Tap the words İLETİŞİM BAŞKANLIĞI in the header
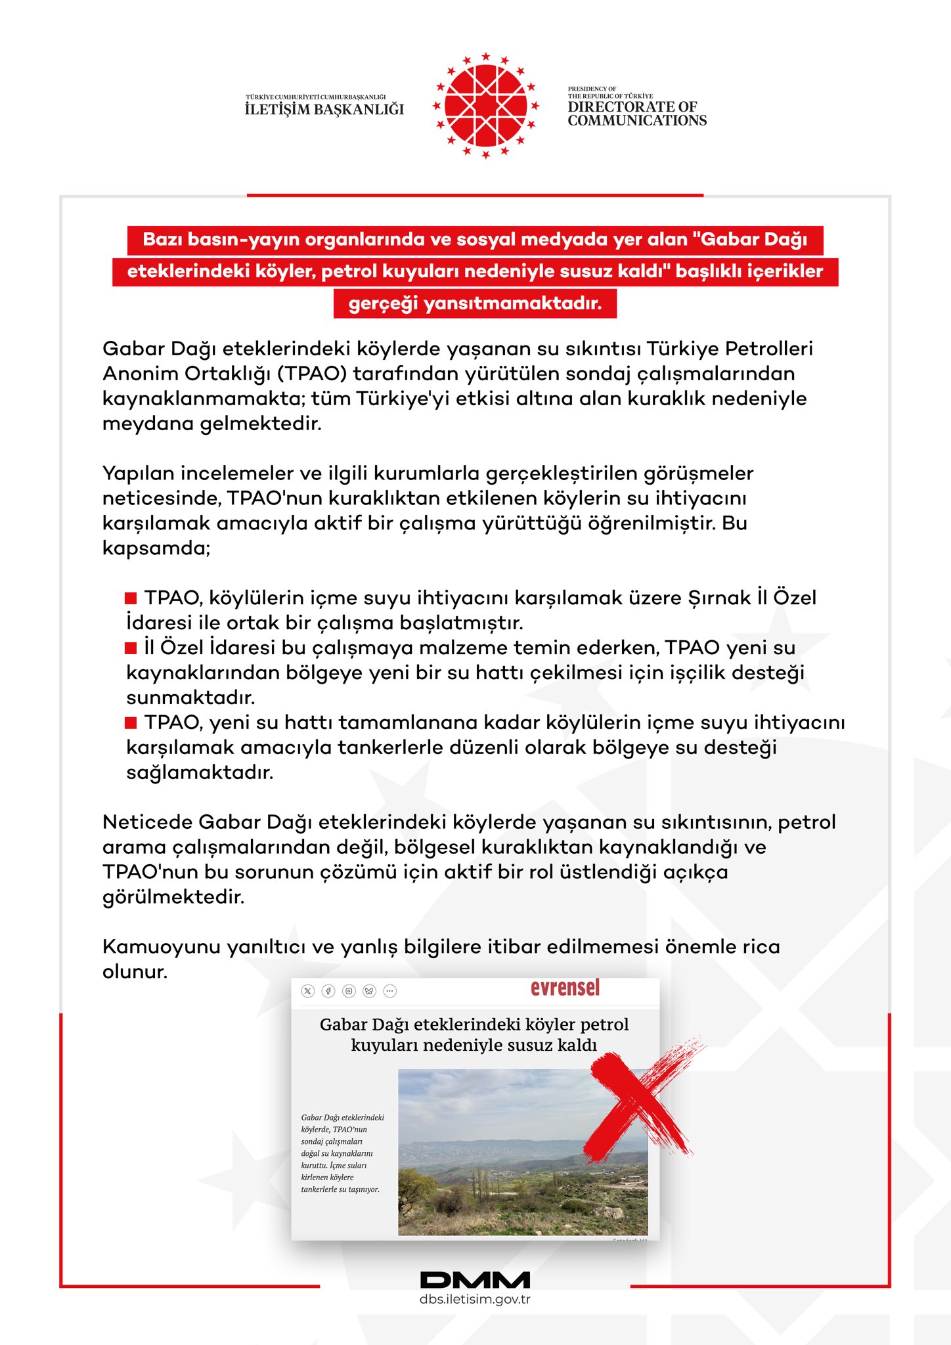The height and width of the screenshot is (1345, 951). (324, 109)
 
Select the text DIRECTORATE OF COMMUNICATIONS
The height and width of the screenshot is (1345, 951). (637, 114)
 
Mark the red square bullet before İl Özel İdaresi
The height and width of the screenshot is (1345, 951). (131, 648)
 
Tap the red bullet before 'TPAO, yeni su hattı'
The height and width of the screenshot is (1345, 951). (131, 723)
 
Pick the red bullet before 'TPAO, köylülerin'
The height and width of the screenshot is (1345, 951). (131, 598)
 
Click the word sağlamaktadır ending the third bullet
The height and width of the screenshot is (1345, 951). (200, 772)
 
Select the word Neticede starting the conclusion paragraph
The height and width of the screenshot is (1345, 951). (147, 822)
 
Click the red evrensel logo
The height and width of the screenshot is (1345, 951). (565, 988)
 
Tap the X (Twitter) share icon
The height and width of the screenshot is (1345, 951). (308, 991)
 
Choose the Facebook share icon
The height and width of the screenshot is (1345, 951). (328, 991)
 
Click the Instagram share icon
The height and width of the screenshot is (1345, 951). (349, 991)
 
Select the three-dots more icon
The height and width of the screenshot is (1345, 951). (389, 991)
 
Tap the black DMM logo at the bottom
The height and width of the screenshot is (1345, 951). (475, 1280)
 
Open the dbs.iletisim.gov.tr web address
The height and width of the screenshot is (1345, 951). (475, 1299)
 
